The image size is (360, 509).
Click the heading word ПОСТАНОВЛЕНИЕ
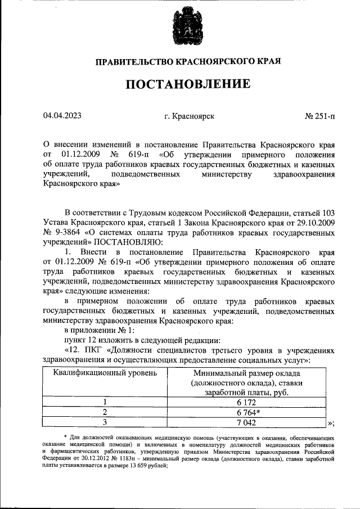pyautogui.click(x=187, y=85)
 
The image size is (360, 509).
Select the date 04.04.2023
pyautogui.click(x=62, y=116)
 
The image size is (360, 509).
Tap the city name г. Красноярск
pyautogui.click(x=188, y=116)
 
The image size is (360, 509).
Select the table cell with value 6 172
pyautogui.click(x=246, y=402)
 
